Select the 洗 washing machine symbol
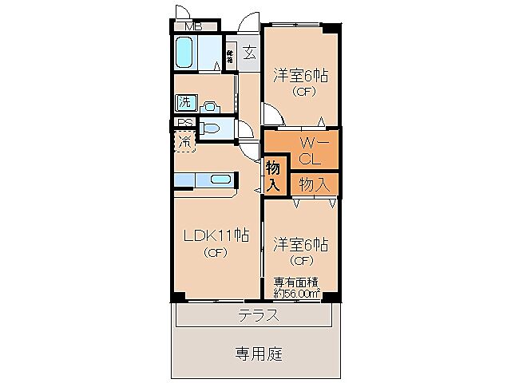click(x=185, y=102)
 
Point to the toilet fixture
click(x=211, y=128)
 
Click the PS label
click(x=184, y=123)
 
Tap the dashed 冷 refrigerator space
click(x=184, y=143)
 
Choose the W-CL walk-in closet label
click(x=309, y=150)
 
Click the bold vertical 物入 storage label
click(x=272, y=176)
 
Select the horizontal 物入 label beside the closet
click(x=314, y=184)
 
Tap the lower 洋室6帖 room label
click(x=302, y=243)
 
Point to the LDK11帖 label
click(x=216, y=236)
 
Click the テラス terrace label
click(x=258, y=315)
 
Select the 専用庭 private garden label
click(x=258, y=352)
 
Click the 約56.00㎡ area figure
click(x=297, y=293)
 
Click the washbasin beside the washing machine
click(x=209, y=105)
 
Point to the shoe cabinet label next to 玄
click(x=230, y=56)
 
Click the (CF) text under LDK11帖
click(x=216, y=254)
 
